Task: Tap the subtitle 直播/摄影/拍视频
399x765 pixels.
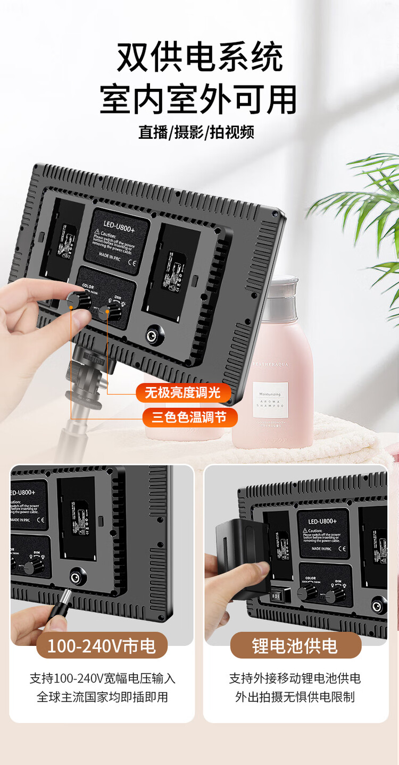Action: pos(196,132)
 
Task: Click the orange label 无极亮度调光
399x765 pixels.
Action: pos(184,393)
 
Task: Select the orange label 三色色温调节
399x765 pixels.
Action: pos(190,417)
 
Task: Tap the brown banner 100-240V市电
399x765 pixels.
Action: pos(102,646)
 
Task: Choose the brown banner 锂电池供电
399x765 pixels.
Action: pos(295,646)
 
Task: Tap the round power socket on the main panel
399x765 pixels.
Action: pos(155,335)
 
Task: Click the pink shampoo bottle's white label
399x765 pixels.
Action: pos(270,400)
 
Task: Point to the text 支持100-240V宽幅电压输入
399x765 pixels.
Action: pos(102,678)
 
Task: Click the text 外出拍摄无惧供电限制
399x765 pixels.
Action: pos(295,697)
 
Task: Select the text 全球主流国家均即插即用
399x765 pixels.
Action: pos(102,697)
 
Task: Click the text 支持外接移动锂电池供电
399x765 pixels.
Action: pos(295,678)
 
